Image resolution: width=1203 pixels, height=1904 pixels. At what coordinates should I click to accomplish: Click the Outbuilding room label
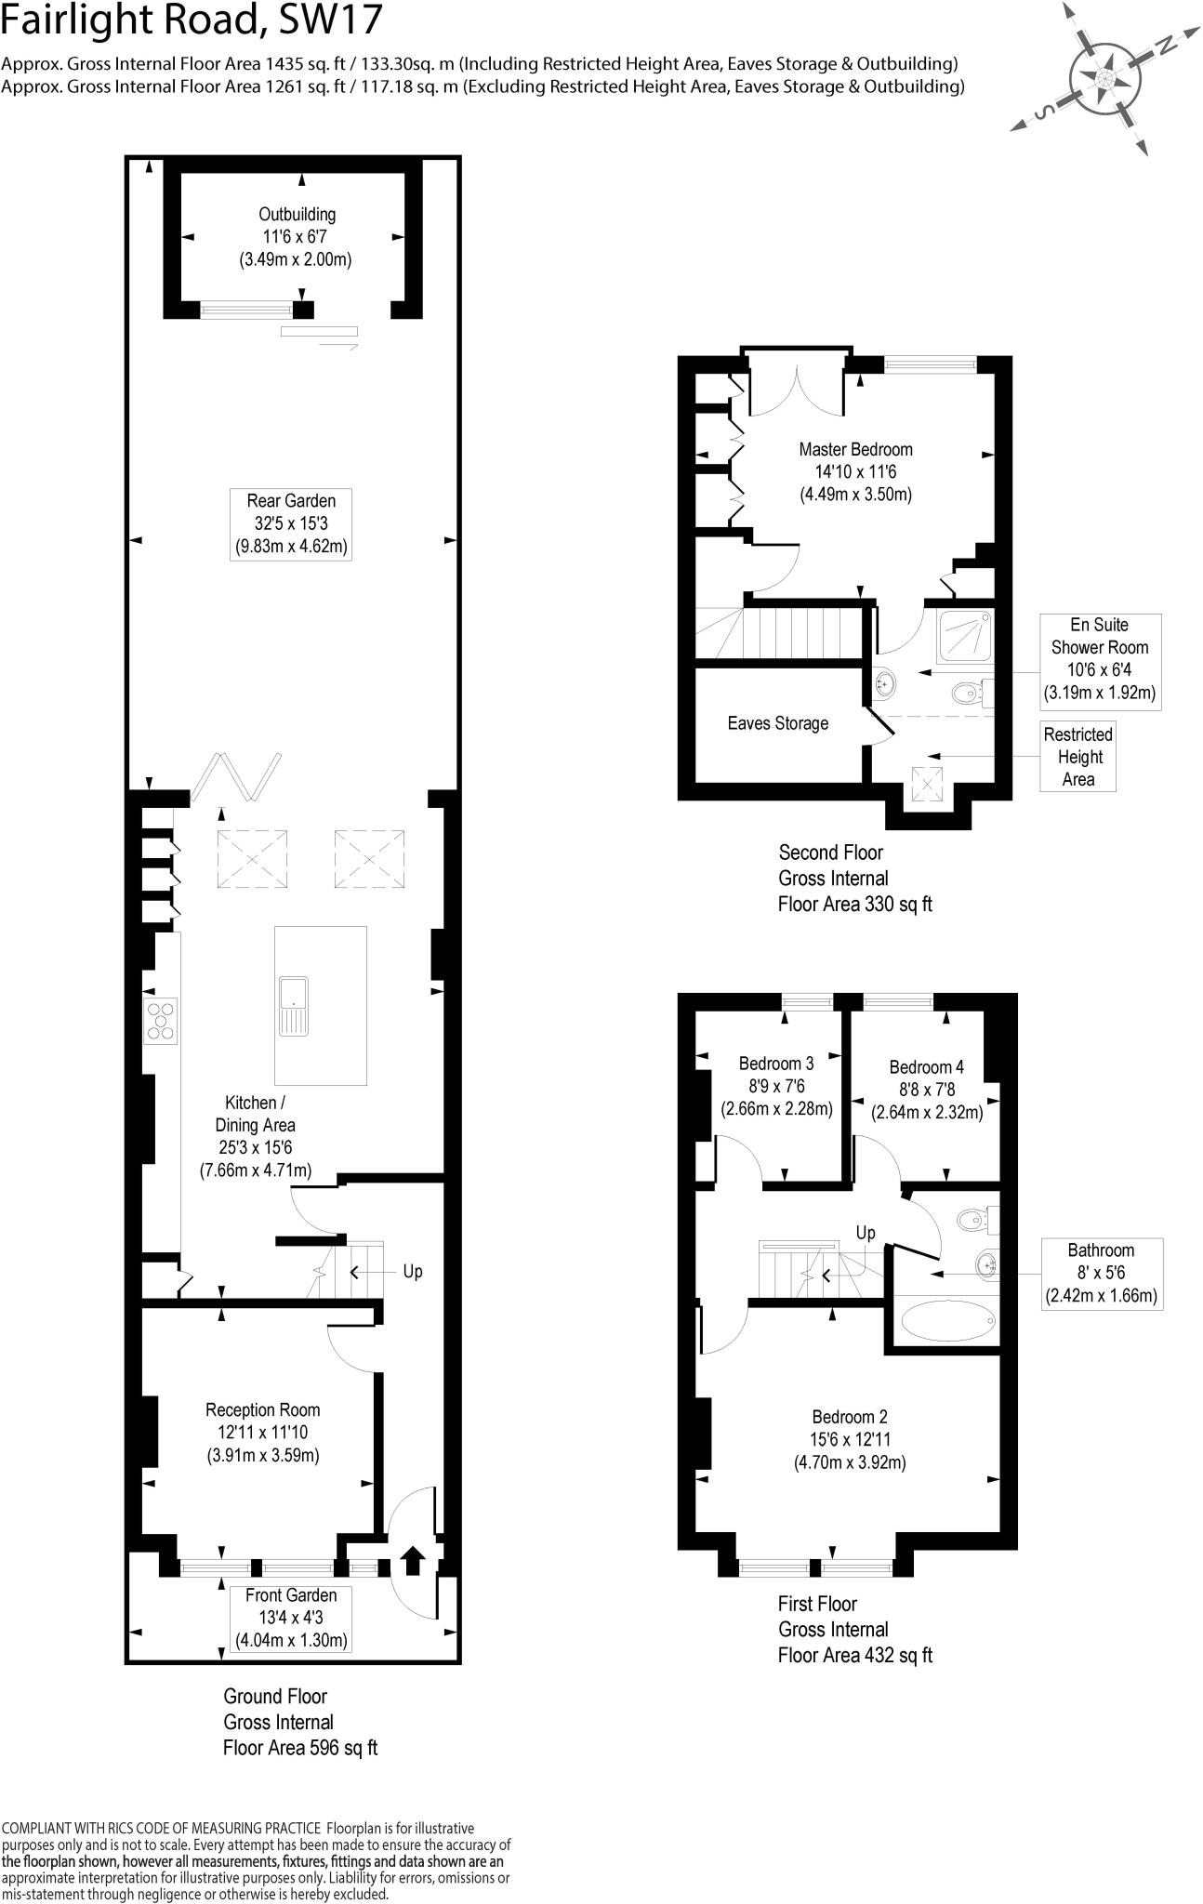coord(297,237)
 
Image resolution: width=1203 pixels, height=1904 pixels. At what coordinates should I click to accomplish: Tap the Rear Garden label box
coord(291,524)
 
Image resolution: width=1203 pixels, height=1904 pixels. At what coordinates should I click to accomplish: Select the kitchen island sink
coord(293,1006)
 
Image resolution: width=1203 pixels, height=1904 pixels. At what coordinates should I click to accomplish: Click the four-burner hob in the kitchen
coord(161,1018)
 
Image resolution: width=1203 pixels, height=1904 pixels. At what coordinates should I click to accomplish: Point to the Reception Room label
coord(262,1433)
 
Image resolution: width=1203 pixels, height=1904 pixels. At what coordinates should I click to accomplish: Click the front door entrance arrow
coord(412,1559)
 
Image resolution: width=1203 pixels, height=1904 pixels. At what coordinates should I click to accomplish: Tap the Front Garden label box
coord(291,1618)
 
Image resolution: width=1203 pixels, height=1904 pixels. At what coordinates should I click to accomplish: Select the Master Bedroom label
coord(855,471)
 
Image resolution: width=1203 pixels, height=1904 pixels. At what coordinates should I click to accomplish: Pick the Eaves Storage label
coord(777,723)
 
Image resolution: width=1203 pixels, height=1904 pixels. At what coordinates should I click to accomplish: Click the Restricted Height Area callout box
coord(1077,757)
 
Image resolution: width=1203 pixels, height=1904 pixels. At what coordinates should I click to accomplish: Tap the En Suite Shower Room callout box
coord(1099,658)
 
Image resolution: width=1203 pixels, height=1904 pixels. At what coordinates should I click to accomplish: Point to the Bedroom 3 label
coord(776,1086)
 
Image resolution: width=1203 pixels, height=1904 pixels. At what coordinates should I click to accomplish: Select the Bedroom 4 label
coord(926,1090)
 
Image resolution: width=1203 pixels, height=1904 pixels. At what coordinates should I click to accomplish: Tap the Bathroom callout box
coord(1101,1273)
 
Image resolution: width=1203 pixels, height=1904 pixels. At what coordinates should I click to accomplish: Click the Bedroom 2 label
coord(849,1439)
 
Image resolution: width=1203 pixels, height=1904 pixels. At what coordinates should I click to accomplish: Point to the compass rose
coord(1105,76)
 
